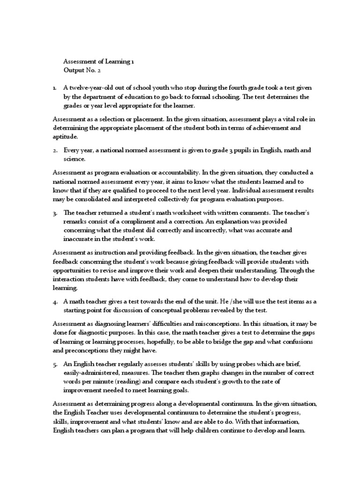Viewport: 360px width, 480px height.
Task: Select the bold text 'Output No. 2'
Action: click(x=82, y=70)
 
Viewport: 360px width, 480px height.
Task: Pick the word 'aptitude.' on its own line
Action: click(x=66, y=136)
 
